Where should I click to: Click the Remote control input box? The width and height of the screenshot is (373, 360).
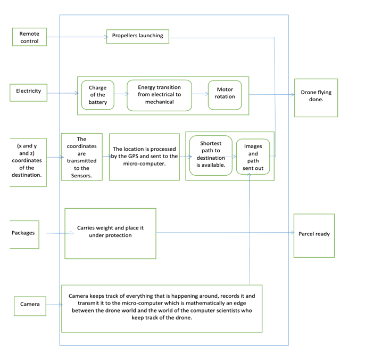click(29, 37)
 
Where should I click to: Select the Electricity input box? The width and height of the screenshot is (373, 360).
click(28, 92)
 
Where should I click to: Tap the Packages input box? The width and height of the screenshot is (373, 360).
click(23, 233)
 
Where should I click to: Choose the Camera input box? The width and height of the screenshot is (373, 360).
click(30, 305)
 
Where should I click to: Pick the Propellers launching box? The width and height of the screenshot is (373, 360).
click(137, 36)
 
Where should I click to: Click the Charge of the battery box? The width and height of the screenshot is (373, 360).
click(97, 95)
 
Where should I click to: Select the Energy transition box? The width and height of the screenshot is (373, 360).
click(159, 95)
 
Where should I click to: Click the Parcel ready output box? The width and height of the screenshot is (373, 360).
click(314, 235)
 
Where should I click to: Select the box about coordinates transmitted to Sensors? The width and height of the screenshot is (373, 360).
click(81, 157)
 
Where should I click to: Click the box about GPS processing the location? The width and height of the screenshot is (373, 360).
click(144, 157)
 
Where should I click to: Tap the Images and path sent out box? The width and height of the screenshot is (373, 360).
click(253, 157)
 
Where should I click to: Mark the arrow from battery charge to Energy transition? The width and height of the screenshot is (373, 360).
click(121, 94)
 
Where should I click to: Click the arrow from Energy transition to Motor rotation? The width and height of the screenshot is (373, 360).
click(200, 94)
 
